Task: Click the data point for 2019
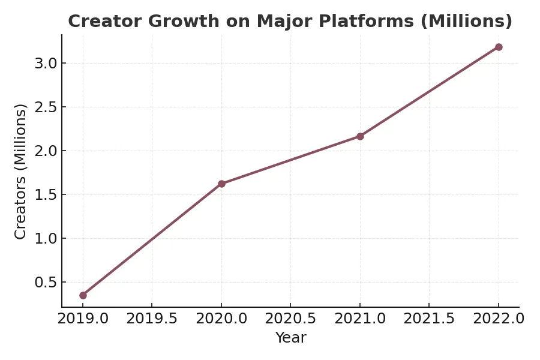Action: click(83, 295)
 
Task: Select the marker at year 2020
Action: click(221, 184)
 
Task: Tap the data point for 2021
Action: click(360, 136)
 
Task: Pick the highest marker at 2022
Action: click(499, 47)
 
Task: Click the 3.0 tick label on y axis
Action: click(46, 64)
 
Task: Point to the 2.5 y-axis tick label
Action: click(46, 107)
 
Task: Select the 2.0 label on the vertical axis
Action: click(46, 151)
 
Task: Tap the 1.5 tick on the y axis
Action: click(46, 195)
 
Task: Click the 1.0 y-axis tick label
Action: click(46, 239)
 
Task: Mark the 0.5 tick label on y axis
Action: click(46, 283)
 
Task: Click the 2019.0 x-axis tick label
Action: click(83, 319)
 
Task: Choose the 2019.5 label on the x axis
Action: click(152, 319)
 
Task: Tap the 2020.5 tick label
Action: click(290, 319)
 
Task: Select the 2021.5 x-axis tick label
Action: click(429, 319)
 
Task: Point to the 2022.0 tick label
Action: click(499, 319)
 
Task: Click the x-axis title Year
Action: click(290, 338)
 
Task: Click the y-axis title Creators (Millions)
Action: click(20, 171)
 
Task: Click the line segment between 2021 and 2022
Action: click(429, 92)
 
